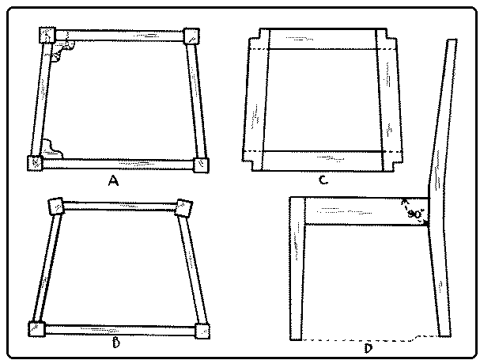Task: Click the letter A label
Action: click(113, 180)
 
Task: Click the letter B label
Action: click(116, 343)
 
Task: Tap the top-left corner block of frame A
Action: click(47, 36)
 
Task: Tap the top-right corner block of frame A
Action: click(191, 36)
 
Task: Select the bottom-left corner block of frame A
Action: click(36, 162)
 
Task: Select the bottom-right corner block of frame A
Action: click(202, 164)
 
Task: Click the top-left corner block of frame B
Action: click(57, 206)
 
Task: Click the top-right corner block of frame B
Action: click(183, 207)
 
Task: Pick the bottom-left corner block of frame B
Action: click(36, 328)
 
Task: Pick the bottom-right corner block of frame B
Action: click(202, 330)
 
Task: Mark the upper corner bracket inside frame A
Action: click(61, 51)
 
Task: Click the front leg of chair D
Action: click(297, 269)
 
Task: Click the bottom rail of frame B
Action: click(119, 328)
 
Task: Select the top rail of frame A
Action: click(119, 36)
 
